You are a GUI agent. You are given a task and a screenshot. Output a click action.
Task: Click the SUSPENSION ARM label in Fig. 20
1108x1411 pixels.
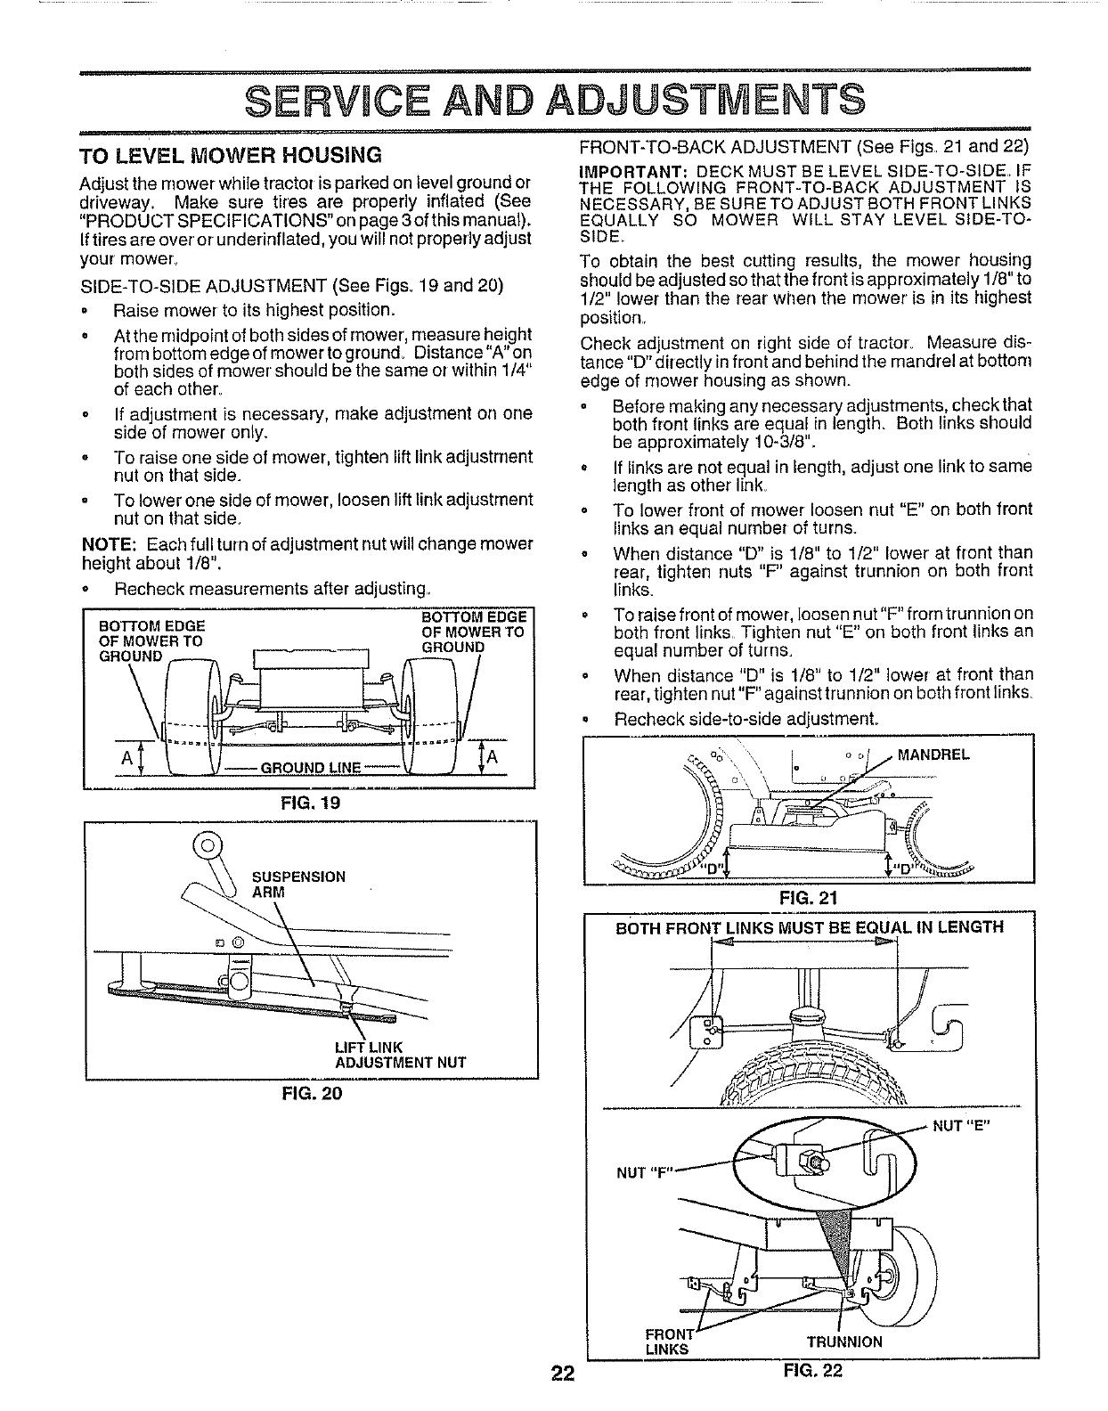(x=298, y=884)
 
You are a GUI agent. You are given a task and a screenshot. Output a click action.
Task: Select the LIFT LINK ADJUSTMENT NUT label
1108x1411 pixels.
(x=400, y=1054)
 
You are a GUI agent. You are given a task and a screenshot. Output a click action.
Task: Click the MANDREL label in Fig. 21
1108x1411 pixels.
(x=933, y=755)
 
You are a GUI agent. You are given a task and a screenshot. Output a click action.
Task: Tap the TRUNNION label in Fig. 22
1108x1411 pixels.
(x=844, y=1342)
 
